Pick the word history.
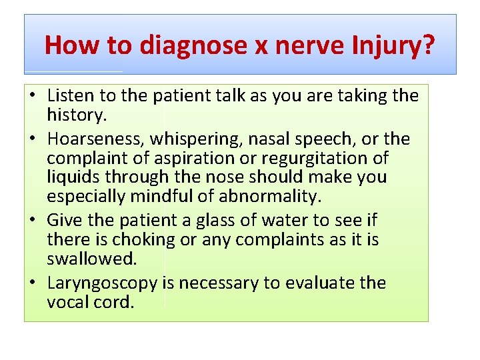pos(77,115)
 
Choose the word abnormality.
pos(274,197)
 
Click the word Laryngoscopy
pos(102,283)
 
